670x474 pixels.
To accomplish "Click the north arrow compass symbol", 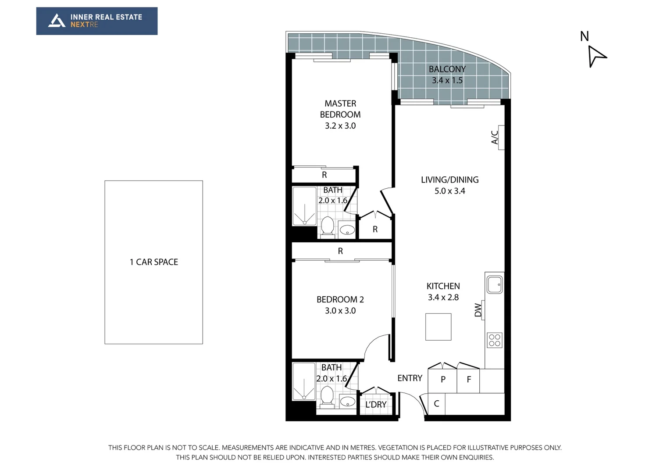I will [x=596, y=56].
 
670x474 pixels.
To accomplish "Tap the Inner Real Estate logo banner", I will [x=97, y=21].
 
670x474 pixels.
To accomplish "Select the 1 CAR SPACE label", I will [x=153, y=262].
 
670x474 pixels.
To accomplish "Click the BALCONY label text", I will [x=447, y=69].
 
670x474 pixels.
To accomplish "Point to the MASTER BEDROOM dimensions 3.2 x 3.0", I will [x=340, y=126].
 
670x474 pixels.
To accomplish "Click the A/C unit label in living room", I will [x=495, y=137].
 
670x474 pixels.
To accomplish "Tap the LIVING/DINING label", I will [x=449, y=180].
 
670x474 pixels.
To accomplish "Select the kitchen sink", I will [x=495, y=284].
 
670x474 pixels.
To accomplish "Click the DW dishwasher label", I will [x=478, y=310].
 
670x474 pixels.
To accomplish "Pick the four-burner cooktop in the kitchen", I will [x=495, y=340].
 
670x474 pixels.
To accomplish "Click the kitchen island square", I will [x=438, y=327].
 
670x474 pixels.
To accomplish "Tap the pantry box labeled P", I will [x=443, y=380].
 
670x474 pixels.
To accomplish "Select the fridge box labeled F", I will [x=468, y=380].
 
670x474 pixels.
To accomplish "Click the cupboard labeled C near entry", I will [x=436, y=404].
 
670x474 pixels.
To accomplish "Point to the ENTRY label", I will [x=410, y=378].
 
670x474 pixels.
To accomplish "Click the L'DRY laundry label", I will [x=376, y=405].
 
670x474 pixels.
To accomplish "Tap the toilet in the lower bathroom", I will [x=327, y=397].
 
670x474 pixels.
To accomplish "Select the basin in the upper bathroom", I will [x=347, y=230].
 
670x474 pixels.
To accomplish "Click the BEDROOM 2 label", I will [x=340, y=300].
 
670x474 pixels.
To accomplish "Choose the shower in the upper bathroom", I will [x=304, y=206].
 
